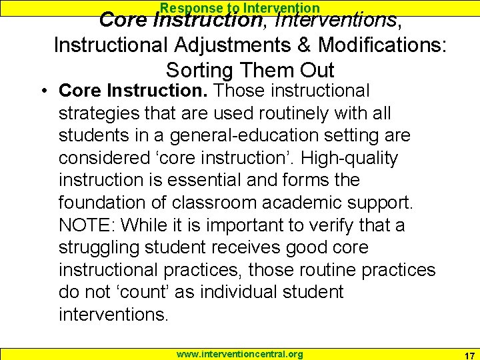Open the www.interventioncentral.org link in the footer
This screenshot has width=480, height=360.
239,354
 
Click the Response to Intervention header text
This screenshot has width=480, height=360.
239,8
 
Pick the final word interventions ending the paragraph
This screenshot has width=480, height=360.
112,314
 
